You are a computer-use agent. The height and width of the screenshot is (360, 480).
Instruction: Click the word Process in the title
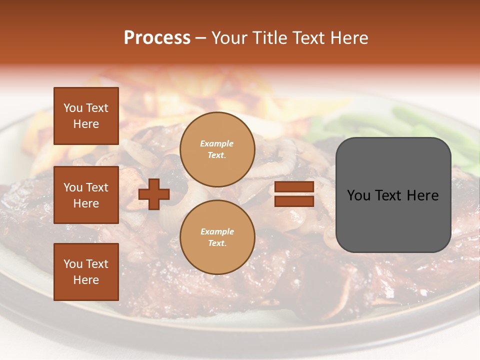point(157,38)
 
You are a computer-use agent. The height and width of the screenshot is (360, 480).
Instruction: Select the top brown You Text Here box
point(86,116)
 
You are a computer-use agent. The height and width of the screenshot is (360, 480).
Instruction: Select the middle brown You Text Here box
point(86,195)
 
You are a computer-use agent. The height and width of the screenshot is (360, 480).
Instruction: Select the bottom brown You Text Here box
point(86,271)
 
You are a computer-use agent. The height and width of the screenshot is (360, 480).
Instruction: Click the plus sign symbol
point(154,194)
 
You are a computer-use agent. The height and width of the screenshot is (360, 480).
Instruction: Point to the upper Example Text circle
point(217,149)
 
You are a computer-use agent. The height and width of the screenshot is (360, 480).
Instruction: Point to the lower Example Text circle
point(217,237)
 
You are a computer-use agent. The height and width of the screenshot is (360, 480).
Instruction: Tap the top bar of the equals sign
point(294,186)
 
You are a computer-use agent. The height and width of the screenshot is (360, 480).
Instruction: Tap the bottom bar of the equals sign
point(294,201)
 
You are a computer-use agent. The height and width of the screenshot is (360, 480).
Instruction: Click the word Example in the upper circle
point(217,143)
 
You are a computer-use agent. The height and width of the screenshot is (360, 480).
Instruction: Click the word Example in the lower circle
point(217,231)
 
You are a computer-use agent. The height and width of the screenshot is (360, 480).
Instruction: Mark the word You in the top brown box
point(73,108)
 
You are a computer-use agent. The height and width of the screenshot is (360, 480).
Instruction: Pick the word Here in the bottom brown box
point(86,280)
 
